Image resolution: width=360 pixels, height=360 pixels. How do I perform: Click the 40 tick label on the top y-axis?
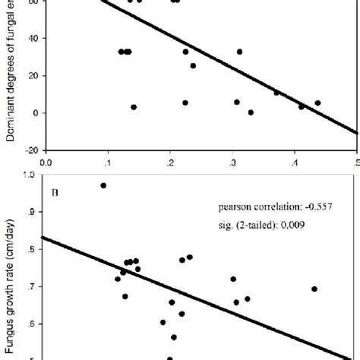coord(34,38)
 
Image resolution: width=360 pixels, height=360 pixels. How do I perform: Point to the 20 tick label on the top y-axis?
coord(34,75)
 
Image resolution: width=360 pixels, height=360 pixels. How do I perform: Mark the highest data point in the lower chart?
coord(103,185)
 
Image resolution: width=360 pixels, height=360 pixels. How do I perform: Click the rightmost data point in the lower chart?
coord(314,289)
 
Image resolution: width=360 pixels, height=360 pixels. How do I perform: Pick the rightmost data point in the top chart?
coord(317,103)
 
